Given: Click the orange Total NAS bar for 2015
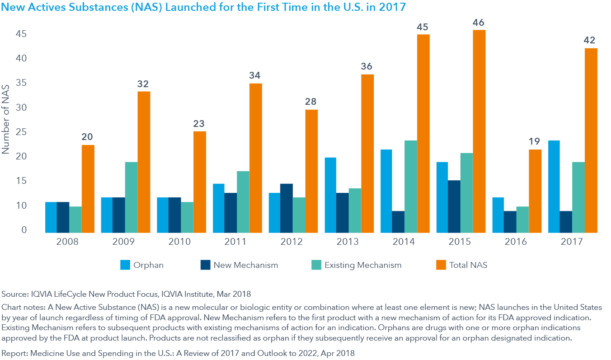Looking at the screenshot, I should [479, 131].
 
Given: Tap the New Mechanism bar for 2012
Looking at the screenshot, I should [286, 208].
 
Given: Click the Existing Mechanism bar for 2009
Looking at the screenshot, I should [131, 197].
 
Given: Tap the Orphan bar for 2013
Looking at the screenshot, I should [330, 195].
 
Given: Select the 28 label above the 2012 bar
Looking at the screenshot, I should [311, 101].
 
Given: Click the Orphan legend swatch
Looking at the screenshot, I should [125, 265].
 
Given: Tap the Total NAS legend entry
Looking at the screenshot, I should [468, 265].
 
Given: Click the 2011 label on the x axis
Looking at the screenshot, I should [235, 242].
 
